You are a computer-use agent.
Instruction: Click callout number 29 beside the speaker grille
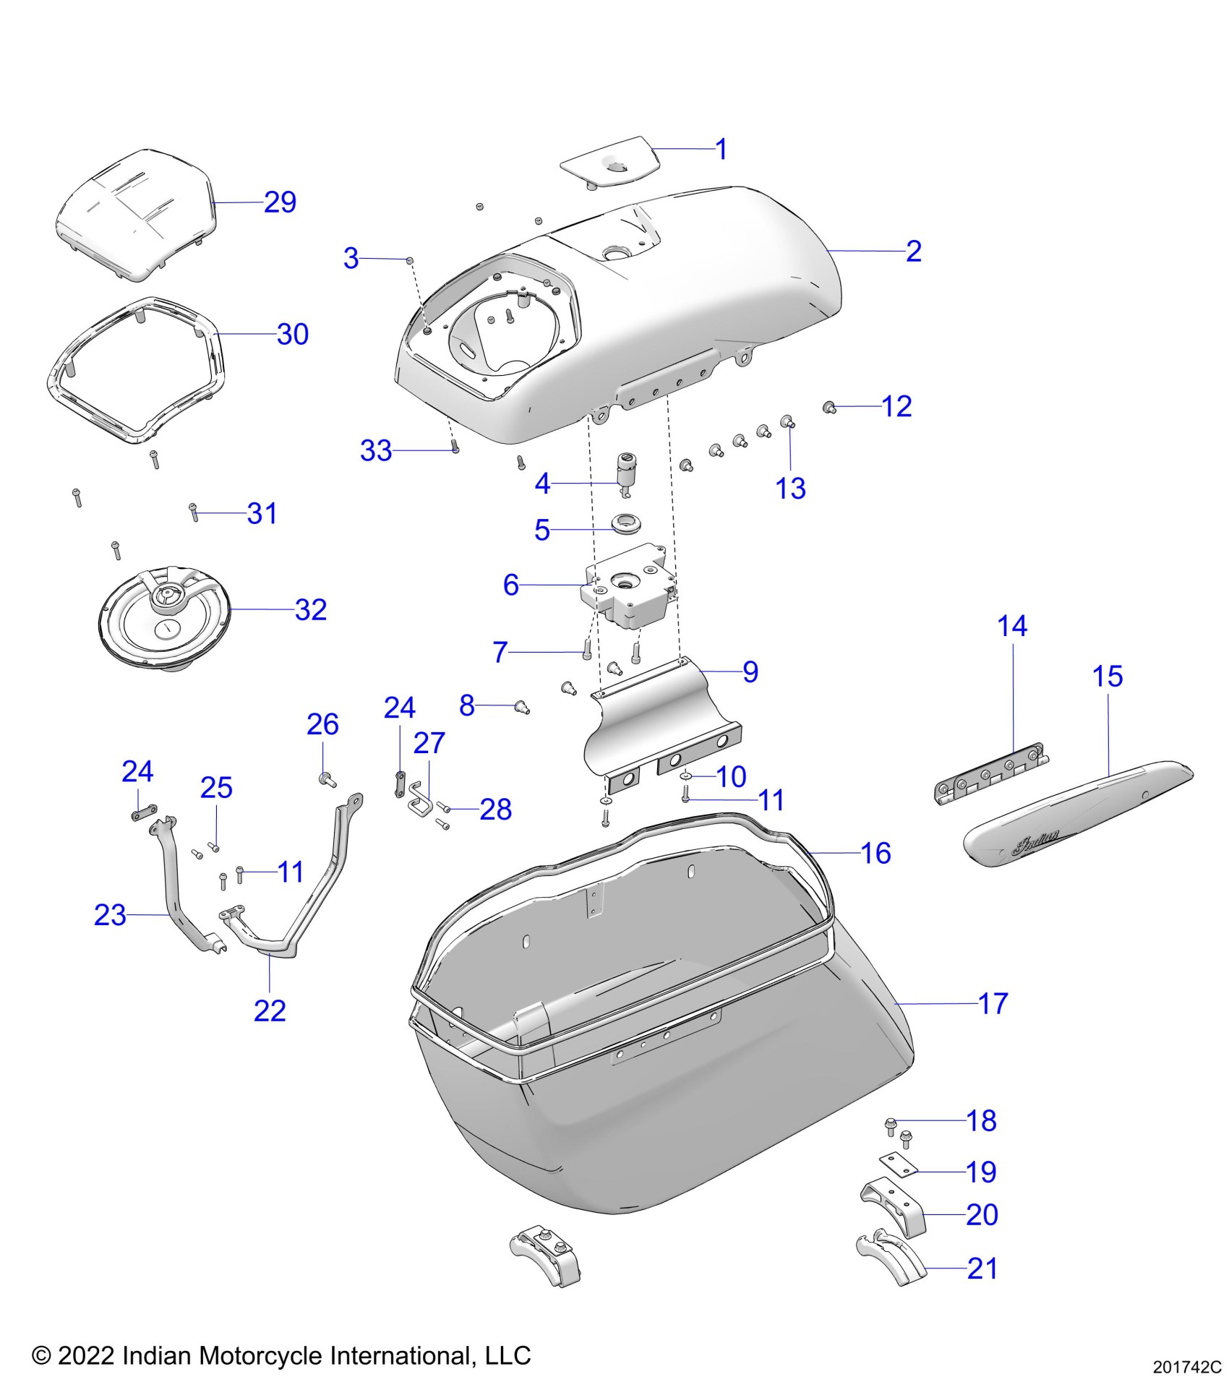(x=280, y=202)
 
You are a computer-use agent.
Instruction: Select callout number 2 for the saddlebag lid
(x=914, y=252)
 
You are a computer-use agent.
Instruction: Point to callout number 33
(x=376, y=451)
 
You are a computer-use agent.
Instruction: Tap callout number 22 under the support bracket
(x=270, y=1010)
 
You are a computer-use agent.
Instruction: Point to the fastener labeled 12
(x=830, y=408)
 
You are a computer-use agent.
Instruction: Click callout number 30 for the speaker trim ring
(x=293, y=335)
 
